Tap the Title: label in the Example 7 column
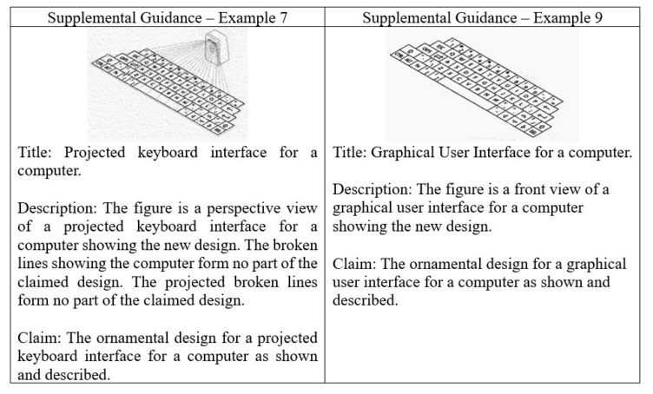[x=37, y=154]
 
